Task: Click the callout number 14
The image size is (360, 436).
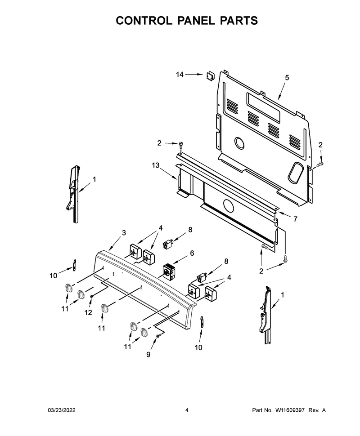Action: tap(180, 75)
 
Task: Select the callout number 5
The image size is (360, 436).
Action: tap(287, 78)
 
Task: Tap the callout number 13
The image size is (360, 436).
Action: tap(156, 165)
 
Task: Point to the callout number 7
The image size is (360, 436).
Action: tap(295, 219)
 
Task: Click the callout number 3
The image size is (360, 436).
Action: tap(124, 233)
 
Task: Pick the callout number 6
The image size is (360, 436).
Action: tap(192, 254)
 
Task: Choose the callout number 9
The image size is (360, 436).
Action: tap(148, 355)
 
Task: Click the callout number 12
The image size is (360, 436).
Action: tap(88, 312)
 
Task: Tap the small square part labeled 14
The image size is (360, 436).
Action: tap(210, 76)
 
